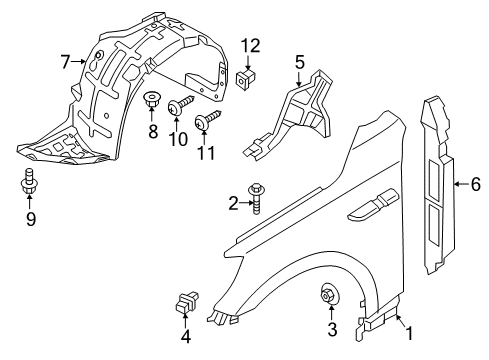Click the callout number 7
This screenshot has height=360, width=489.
point(65,62)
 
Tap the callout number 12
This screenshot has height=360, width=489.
point(250,46)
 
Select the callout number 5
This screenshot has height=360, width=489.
point(300,62)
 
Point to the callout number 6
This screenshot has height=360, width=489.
point(476,184)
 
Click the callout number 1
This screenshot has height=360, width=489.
point(409,333)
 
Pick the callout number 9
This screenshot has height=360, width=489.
point(31,219)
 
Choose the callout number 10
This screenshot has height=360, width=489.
point(178,139)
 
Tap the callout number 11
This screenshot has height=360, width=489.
point(206,153)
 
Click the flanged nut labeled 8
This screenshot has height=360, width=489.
point(151,100)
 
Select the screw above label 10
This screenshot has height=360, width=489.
point(181,104)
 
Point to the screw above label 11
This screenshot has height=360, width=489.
point(207,119)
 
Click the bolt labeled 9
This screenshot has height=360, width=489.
point(29,181)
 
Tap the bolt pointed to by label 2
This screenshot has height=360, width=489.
point(256,198)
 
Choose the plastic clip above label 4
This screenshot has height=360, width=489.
point(186,302)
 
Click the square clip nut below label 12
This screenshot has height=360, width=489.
point(246,80)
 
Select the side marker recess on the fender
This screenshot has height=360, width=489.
point(373,206)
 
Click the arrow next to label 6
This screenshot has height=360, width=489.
point(461,184)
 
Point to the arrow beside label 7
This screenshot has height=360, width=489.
point(79,61)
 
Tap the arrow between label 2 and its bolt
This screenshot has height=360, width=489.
point(245,202)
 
